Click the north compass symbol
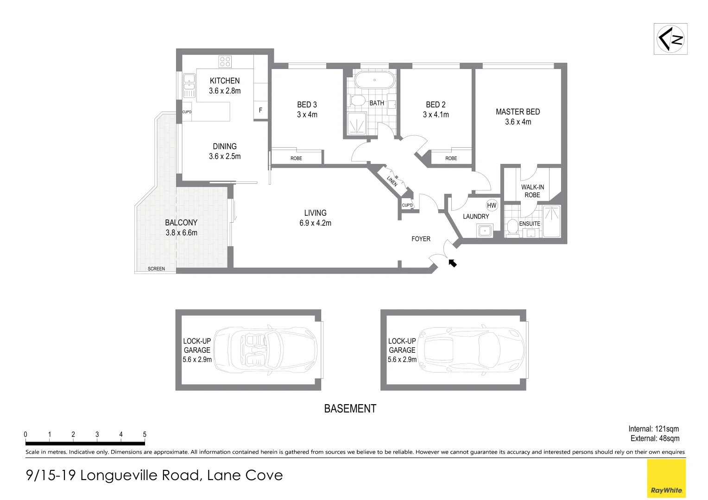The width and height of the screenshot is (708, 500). [670, 39]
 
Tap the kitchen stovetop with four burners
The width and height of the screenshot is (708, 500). [225, 61]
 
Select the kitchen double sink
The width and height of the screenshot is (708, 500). [189, 85]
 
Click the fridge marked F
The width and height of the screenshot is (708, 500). [260, 111]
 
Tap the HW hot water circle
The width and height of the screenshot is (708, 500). [492, 206]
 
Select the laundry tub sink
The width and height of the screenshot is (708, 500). [485, 231]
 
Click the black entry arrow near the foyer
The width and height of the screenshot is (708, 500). [452, 263]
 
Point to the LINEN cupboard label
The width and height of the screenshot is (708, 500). [392, 181]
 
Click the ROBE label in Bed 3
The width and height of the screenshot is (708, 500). [296, 158]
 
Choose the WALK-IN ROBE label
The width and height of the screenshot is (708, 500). [532, 191]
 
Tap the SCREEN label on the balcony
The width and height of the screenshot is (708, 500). [156, 269]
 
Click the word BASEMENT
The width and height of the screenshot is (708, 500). [350, 409]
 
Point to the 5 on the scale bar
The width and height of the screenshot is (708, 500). [145, 434]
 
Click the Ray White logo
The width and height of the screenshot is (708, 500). [666, 479]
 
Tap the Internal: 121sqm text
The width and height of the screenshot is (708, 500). [653, 429]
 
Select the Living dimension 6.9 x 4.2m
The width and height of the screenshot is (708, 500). [315, 223]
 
